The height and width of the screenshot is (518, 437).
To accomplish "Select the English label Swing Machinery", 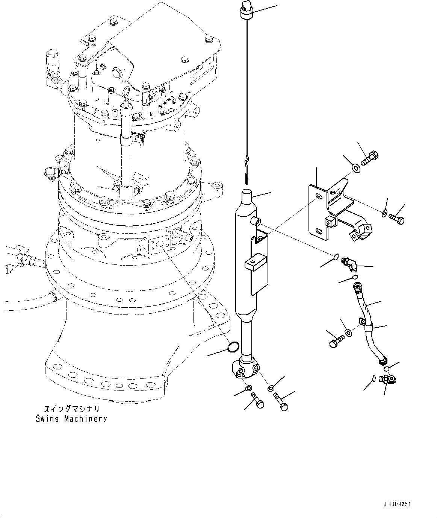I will point(71,419).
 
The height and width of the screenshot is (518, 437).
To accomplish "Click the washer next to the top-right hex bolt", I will point(355,167).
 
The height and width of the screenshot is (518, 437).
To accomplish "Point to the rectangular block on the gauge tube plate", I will point(255,261).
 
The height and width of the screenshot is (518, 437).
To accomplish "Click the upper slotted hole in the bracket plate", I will point(319,197).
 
